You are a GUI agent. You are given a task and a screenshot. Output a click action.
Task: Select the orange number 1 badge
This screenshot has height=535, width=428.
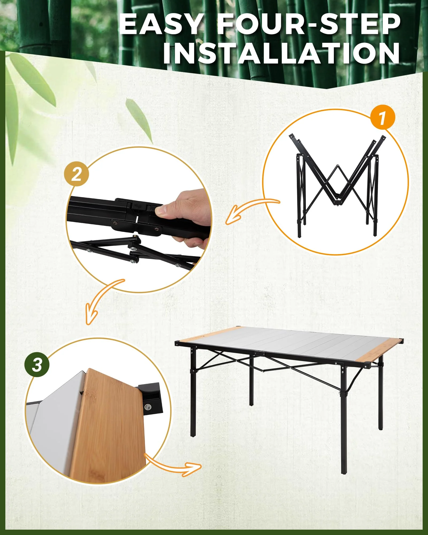point(383,117)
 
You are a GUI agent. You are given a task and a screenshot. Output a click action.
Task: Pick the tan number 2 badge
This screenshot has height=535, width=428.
point(77,174)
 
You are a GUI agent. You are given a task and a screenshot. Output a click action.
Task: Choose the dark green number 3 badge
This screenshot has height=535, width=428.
point(37,364)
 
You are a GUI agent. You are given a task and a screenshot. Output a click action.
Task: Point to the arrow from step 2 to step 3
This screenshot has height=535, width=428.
point(102,300)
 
